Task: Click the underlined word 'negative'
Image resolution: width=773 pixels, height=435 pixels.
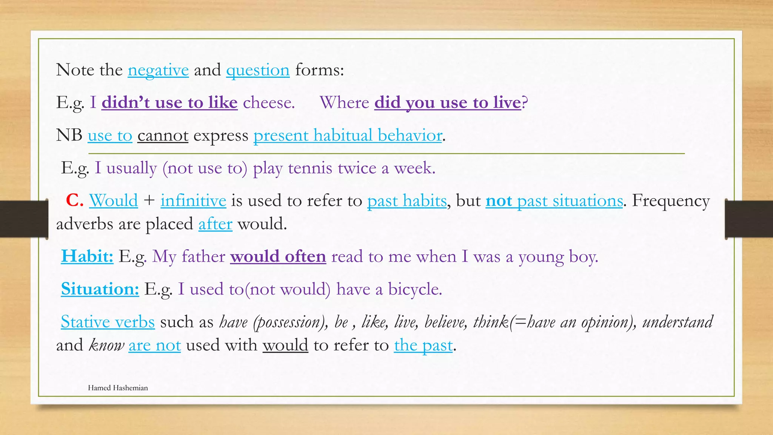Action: click(158, 70)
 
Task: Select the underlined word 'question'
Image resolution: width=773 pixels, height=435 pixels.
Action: click(258, 70)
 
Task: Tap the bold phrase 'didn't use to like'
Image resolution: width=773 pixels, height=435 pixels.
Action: click(169, 103)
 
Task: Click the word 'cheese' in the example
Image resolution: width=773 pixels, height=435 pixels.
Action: click(268, 103)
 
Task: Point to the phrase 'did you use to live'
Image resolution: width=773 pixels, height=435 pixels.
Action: click(448, 103)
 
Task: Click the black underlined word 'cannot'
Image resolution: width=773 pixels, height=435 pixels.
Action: click(163, 136)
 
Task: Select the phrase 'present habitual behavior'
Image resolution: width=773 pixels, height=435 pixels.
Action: click(348, 136)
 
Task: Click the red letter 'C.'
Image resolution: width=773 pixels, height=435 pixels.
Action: click(74, 201)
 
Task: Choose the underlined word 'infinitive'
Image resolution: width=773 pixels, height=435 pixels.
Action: click(193, 201)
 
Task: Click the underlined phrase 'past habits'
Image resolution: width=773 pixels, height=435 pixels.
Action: click(407, 201)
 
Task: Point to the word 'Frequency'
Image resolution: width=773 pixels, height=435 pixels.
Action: click(671, 201)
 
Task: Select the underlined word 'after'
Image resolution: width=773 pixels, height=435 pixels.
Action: click(215, 224)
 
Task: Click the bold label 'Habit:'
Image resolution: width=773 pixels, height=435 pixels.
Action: click(87, 256)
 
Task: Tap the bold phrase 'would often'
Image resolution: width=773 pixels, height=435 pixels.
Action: click(278, 256)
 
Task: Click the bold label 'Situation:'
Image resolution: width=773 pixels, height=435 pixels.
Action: click(100, 289)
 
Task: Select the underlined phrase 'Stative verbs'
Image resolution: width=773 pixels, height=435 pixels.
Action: click(108, 322)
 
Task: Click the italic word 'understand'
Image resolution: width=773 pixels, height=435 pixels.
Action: click(678, 322)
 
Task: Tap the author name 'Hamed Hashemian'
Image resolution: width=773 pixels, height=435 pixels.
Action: click(118, 388)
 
